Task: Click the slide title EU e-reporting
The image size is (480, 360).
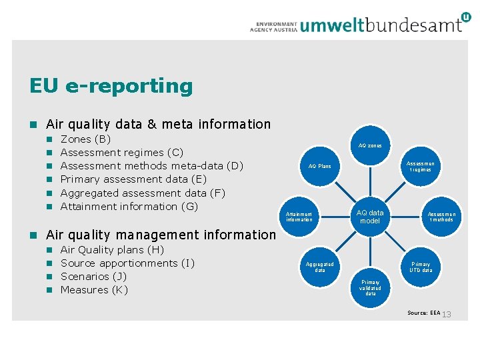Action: [111, 86]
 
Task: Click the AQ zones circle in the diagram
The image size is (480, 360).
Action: [370, 145]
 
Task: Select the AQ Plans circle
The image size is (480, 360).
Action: [319, 166]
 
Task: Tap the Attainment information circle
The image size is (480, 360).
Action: [299, 216]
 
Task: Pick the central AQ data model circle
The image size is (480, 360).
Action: [370, 217]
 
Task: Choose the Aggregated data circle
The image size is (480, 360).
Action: [320, 267]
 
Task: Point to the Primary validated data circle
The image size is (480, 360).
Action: [370, 287]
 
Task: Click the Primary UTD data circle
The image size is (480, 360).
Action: [421, 267]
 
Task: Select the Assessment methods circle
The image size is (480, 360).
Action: [441, 216]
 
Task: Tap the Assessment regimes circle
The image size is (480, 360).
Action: [421, 166]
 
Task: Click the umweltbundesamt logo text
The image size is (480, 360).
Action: [390, 25]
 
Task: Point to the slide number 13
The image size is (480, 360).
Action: [447, 314]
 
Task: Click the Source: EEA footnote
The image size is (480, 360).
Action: [424, 313]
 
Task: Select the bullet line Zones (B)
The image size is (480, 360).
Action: [85, 139]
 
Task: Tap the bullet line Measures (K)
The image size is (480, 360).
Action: [93, 290]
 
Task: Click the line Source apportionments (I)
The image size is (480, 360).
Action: [127, 263]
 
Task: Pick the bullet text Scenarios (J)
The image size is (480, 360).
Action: [93, 277]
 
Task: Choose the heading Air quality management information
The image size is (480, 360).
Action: [160, 235]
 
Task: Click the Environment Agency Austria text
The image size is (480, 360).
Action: [273, 26]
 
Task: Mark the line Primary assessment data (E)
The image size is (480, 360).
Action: [133, 179]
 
